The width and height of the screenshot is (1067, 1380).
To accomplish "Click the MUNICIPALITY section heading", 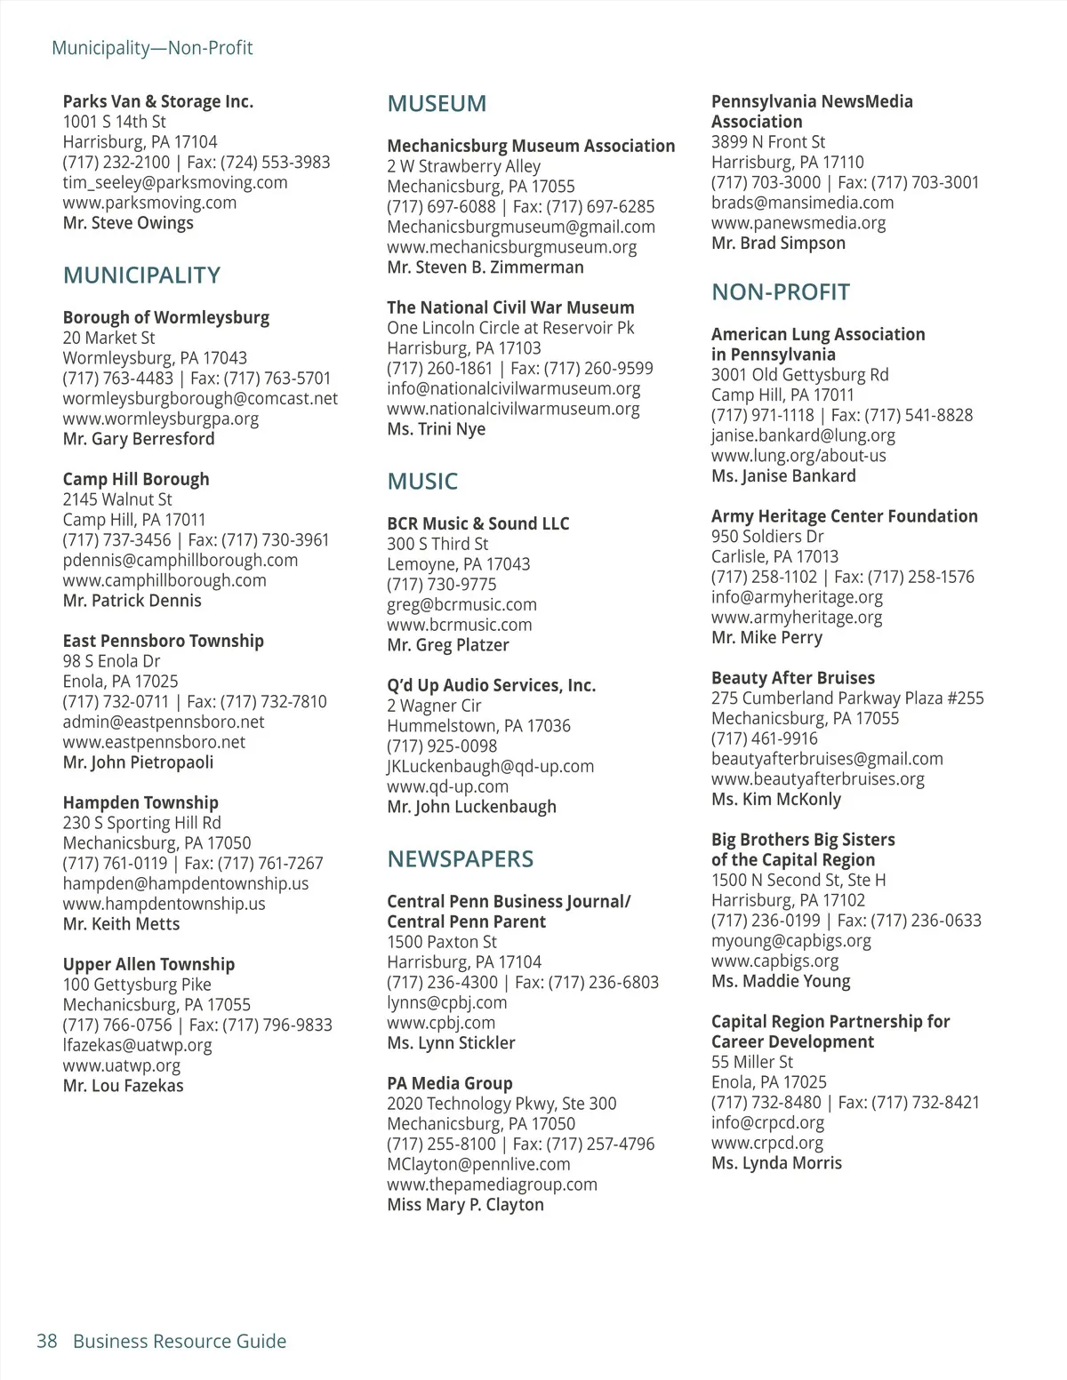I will [141, 275].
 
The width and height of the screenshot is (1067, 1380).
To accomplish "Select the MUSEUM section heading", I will [437, 104].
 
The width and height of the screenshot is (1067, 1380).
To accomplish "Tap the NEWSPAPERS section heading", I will [460, 859].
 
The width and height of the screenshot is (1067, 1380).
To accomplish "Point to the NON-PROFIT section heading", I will [780, 292].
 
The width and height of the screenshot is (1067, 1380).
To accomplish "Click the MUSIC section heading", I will [422, 482].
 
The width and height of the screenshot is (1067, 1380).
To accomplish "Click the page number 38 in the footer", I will [47, 1341].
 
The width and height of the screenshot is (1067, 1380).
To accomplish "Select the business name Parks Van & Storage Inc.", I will [157, 101].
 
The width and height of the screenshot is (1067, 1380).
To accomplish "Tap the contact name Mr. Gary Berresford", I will [138, 439].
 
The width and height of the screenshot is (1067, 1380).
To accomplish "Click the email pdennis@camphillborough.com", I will [180, 561].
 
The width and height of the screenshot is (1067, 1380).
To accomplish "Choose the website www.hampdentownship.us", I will [164, 904].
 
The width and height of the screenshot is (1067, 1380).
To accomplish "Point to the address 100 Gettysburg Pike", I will [137, 985].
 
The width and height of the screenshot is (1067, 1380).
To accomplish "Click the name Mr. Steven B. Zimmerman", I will [485, 267].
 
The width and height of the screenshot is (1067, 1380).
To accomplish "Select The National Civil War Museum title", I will [510, 307].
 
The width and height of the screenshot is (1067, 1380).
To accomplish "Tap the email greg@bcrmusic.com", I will [461, 605].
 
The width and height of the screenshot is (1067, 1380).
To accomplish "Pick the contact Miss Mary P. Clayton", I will [465, 1205].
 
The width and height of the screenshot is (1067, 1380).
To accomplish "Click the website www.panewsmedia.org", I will [798, 223].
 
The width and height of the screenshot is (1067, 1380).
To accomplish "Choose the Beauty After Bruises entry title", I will [792, 678].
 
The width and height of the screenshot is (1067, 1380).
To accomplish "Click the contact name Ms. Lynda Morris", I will [776, 1163].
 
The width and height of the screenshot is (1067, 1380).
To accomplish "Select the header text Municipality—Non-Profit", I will [152, 48].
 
